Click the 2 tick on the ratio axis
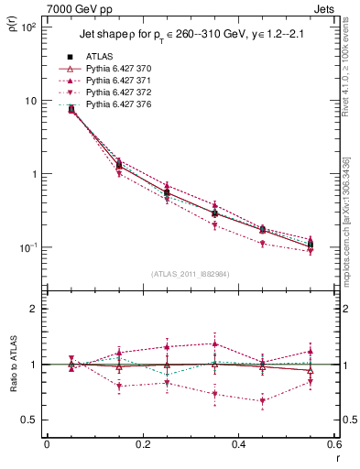[35, 309]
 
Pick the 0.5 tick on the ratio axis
[30, 420]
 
